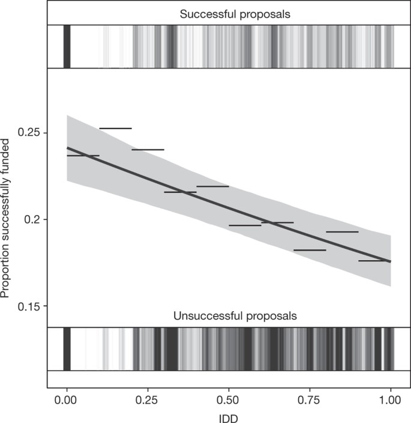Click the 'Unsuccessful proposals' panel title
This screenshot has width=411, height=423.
coord(235,316)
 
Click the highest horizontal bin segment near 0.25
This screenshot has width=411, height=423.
coord(115,128)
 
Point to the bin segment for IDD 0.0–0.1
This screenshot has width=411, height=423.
coord(83,156)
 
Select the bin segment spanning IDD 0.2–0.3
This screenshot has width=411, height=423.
coord(148,149)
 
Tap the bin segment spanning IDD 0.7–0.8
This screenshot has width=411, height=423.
coord(310,250)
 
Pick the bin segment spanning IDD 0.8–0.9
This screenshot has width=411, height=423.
coord(342,231)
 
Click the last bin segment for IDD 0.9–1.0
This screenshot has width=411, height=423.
coord(374,260)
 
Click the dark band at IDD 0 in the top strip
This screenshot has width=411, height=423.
coord(67,46)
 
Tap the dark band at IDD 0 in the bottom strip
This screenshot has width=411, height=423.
coord(67,348)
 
